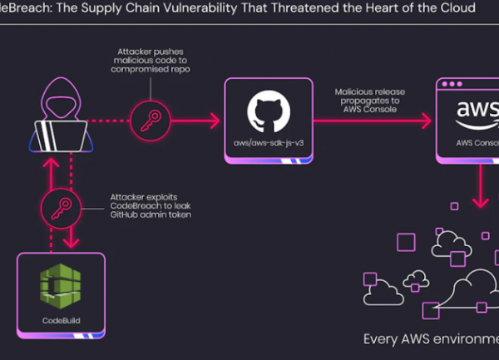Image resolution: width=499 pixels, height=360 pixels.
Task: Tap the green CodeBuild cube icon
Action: click(x=61, y=286)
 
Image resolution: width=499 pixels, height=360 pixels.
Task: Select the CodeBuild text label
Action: click(x=61, y=318)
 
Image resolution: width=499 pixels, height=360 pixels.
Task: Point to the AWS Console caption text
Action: click(x=475, y=143)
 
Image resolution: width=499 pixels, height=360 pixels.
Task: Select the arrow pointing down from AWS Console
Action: click(x=480, y=187)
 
